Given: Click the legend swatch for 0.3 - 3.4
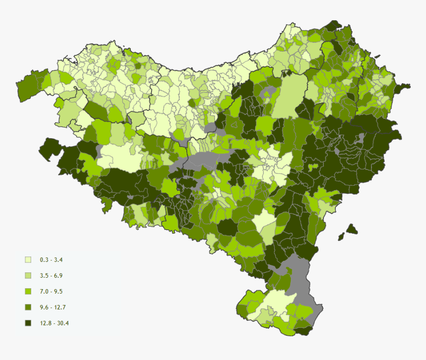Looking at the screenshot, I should click(x=28, y=259).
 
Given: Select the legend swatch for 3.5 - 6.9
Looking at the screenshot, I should click(x=28, y=275).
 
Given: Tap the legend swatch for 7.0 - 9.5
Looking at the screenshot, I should click(x=28, y=291).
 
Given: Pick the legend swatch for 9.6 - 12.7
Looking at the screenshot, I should click(x=28, y=307).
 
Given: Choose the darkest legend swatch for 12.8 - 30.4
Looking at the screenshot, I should click(x=28, y=323).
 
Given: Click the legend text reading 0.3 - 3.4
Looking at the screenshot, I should click(x=51, y=259).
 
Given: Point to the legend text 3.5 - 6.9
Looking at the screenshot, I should click(x=51, y=275).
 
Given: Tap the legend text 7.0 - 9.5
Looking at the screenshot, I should click(x=51, y=291).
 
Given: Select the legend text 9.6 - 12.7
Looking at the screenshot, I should click(x=53, y=307).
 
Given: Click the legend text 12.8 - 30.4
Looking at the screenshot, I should click(x=54, y=323).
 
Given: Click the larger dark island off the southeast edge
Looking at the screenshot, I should click(x=352, y=229).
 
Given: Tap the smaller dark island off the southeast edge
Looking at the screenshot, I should click(x=341, y=237).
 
